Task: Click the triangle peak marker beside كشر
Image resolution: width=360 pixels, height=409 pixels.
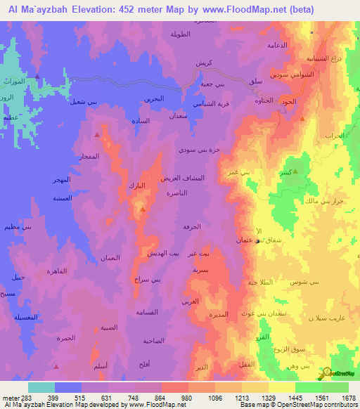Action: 295,171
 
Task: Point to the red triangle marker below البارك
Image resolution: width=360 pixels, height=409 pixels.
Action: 143,209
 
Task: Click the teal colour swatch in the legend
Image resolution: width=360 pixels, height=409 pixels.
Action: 41,387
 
